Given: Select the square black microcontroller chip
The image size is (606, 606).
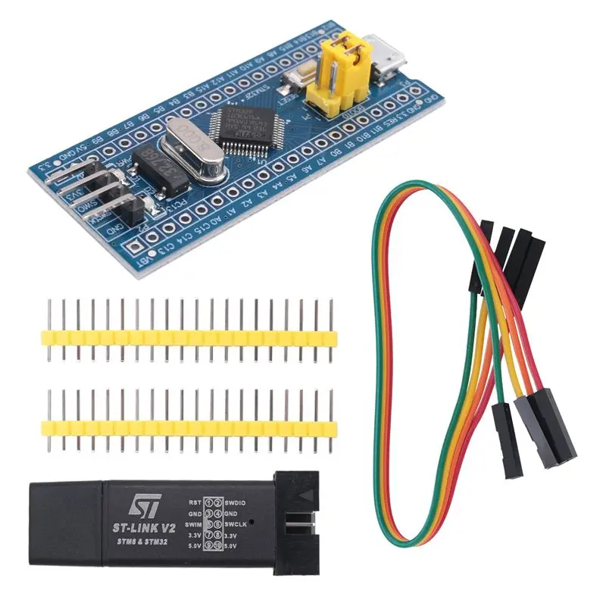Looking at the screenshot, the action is [242, 126].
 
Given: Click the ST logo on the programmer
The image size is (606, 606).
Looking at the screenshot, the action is [144, 504].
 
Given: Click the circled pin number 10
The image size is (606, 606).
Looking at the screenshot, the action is [219, 545].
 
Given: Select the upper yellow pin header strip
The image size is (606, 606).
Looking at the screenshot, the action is [190, 331].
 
